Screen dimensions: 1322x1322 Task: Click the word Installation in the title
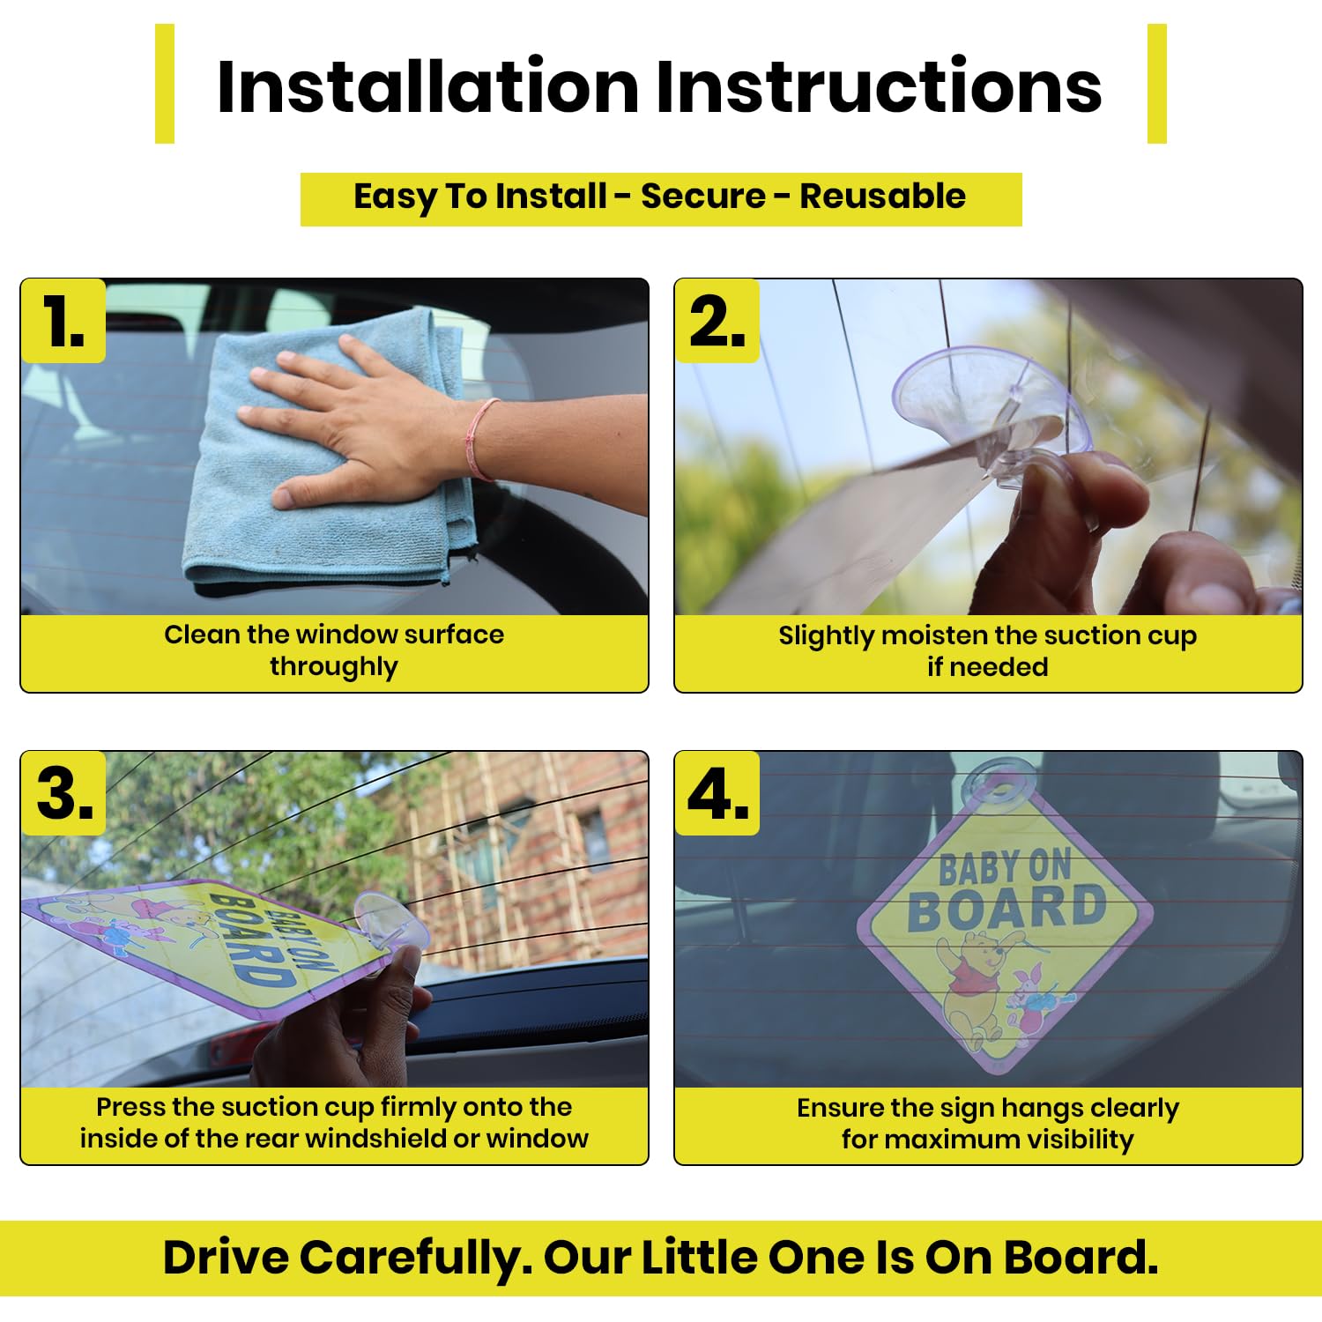[x=427, y=86]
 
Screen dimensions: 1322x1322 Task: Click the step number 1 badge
[x=63, y=321]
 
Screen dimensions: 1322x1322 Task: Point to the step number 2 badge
[x=717, y=321]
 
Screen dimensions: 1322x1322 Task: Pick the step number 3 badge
[x=63, y=793]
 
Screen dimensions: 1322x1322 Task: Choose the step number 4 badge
[x=717, y=793]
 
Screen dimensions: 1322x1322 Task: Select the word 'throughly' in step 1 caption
[x=334, y=666]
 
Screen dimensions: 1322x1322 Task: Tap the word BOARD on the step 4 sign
[x=1006, y=910]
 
